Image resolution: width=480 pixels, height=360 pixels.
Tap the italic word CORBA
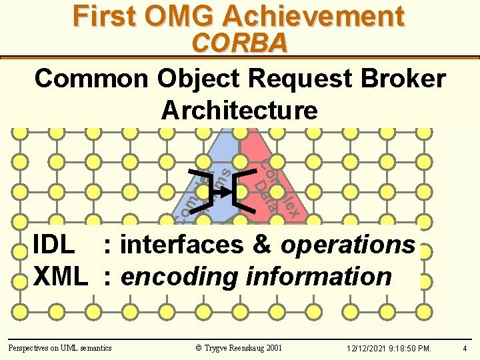pos(239,44)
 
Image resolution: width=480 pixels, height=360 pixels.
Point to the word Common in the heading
pos(92,79)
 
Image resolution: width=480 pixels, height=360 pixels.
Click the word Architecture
pos(239,109)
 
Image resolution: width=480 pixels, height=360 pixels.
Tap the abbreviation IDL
pos(53,245)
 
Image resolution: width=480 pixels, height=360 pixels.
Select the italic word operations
pos(347,245)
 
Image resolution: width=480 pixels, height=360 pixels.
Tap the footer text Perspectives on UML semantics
pos(59,347)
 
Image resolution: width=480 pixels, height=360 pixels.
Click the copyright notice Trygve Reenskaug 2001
pos(239,347)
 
